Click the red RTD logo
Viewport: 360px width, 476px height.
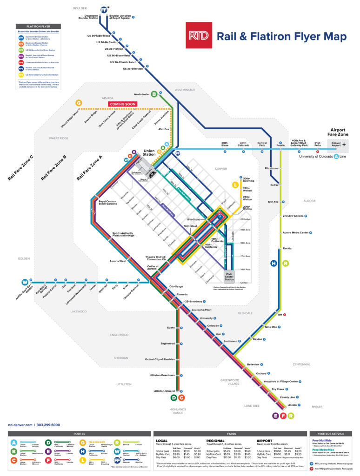coord(199,35)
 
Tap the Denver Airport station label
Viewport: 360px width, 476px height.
coord(335,144)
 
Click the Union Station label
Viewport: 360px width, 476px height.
coord(150,153)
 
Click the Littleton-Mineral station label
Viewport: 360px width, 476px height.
coord(164,391)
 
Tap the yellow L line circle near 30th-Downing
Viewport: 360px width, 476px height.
coord(235,186)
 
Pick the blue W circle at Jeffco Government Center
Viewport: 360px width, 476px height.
coord(25,282)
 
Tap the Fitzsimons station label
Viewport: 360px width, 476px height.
coord(271,168)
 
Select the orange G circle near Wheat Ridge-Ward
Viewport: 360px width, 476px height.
coord(79,103)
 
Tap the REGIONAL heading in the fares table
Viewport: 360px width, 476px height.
coord(215,440)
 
